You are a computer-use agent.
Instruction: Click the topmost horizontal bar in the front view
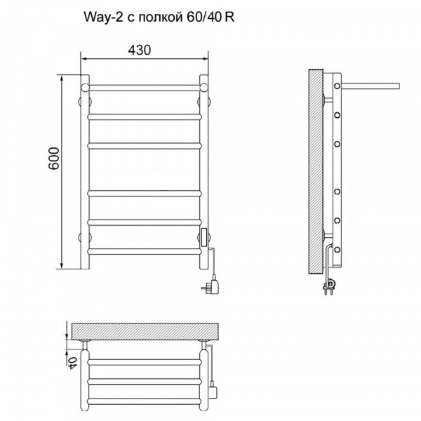(x=145, y=87)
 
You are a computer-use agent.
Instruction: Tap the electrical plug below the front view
(x=210, y=286)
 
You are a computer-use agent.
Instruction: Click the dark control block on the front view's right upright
(x=204, y=238)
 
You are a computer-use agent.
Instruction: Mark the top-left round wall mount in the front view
(x=85, y=88)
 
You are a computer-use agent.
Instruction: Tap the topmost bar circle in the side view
(x=338, y=86)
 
